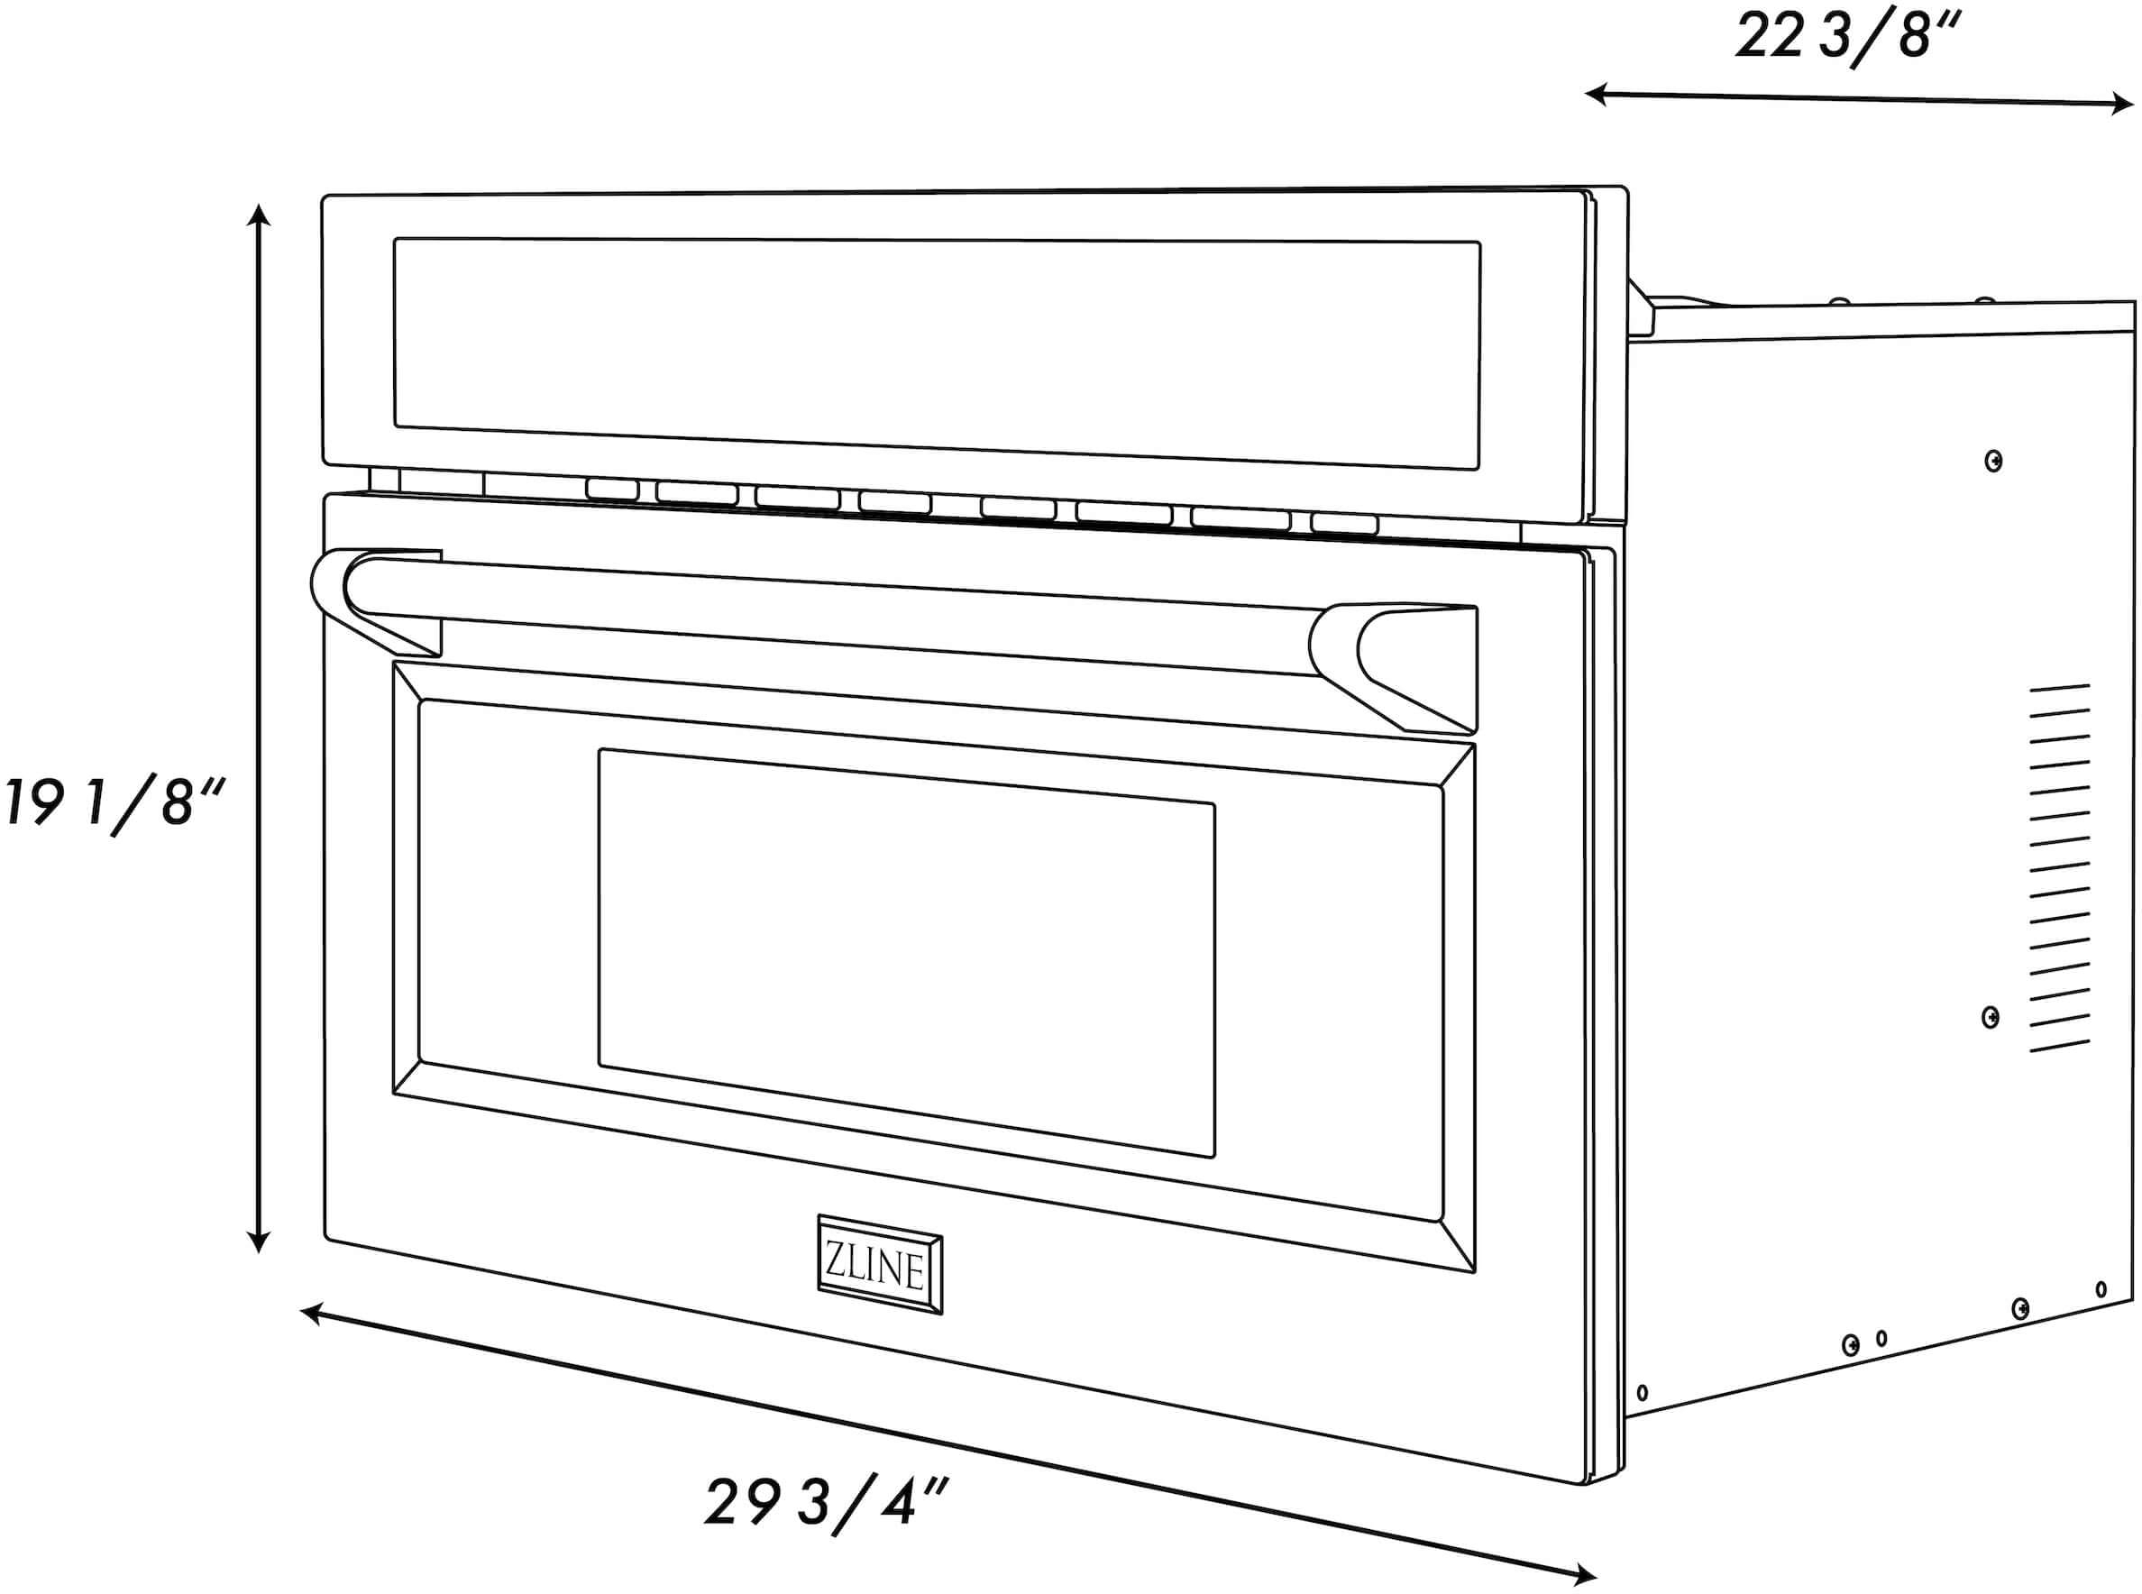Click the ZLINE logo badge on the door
click(x=879, y=1264)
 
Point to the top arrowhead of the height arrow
click(x=258, y=215)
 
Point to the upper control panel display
click(x=936, y=353)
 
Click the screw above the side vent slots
click(x=1993, y=462)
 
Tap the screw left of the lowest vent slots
click(x=1990, y=1017)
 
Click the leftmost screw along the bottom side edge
click(x=1643, y=1393)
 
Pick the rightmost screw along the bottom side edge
click(x=2101, y=1289)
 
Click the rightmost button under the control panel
click(x=1344, y=523)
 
